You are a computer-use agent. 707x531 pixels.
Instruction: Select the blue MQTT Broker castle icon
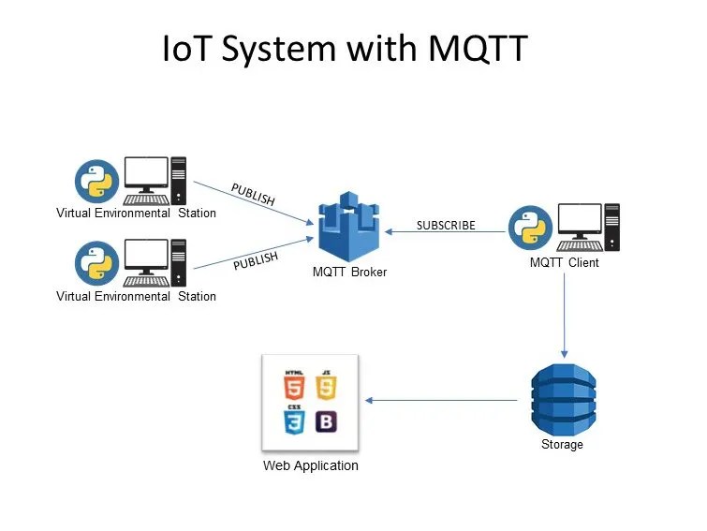click(x=348, y=227)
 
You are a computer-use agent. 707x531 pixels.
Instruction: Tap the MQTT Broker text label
click(x=349, y=273)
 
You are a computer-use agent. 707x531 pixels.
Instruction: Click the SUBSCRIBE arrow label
click(x=446, y=226)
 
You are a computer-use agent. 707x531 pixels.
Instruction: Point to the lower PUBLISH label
click(x=257, y=259)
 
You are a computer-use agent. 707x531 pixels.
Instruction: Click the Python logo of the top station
click(x=96, y=181)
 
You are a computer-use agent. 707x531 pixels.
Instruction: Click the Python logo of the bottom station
click(x=96, y=263)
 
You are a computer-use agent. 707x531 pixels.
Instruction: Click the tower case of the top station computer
click(x=178, y=180)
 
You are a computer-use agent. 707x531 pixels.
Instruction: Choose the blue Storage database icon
click(x=563, y=398)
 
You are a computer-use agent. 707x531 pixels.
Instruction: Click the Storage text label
click(x=562, y=444)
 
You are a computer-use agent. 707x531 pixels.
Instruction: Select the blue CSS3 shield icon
click(x=295, y=420)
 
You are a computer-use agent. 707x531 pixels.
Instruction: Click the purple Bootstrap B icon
click(x=325, y=420)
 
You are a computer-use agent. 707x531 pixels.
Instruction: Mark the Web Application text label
click(x=310, y=465)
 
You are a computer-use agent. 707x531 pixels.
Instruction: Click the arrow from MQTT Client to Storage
click(x=564, y=315)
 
